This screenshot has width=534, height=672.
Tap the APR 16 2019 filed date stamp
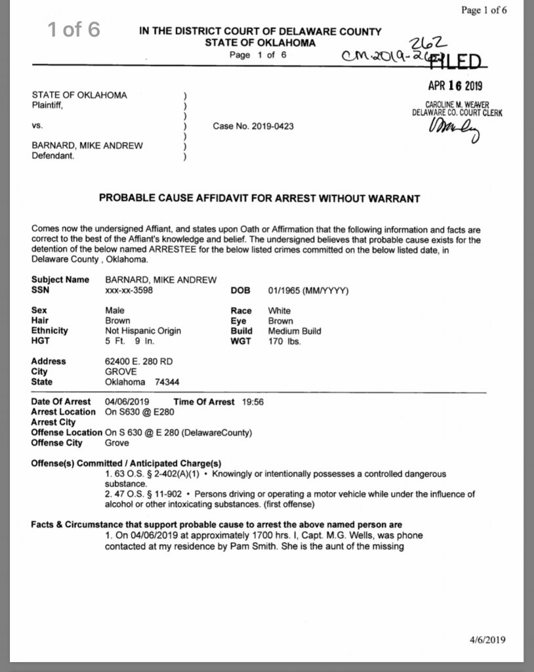pos(455,86)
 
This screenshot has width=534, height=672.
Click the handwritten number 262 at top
pos(421,43)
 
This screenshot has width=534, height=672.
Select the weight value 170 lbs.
pos(284,341)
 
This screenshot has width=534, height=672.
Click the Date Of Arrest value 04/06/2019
pos(128,402)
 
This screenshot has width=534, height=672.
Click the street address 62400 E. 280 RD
pos(140,361)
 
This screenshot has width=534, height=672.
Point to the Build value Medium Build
pos(295,331)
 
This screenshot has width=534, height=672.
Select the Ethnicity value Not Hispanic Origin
pos(143,331)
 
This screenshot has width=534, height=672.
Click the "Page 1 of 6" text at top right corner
pos(484,10)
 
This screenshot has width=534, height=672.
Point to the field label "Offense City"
pos(57,443)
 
